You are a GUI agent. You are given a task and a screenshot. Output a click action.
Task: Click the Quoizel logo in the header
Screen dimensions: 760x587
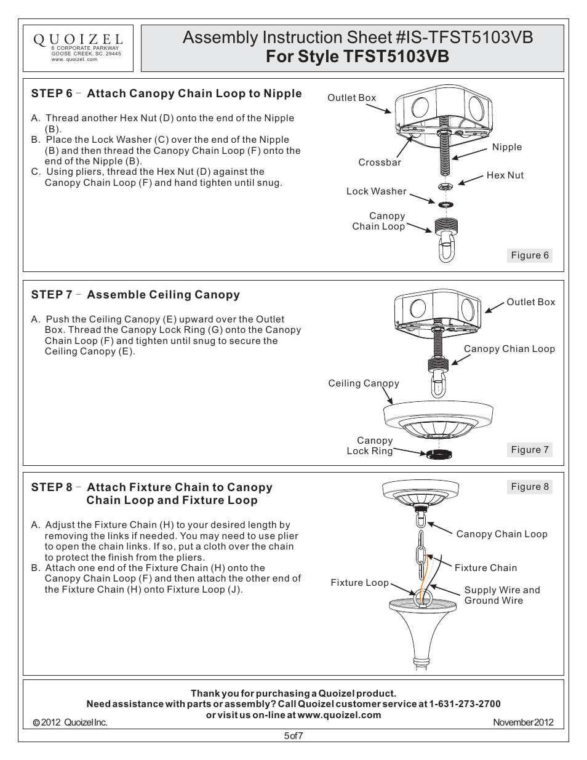[x=78, y=41]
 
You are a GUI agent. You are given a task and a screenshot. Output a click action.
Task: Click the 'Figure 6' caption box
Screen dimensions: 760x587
[x=530, y=255]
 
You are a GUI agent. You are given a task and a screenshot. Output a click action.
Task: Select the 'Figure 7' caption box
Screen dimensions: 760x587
[x=530, y=450]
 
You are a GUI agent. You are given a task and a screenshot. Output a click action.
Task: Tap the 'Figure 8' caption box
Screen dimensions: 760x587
[x=530, y=487]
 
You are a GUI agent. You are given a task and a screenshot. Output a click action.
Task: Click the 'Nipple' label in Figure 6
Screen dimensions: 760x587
[x=506, y=147]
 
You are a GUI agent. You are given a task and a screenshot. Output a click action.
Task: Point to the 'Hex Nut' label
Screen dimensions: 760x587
[x=505, y=175]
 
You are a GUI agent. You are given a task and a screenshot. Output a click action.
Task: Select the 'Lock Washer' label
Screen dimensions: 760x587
[x=376, y=191]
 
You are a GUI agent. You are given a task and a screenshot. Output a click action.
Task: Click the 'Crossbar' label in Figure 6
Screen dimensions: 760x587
[x=380, y=162]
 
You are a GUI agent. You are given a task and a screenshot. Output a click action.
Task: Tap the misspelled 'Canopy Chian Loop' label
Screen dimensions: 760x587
[x=509, y=349]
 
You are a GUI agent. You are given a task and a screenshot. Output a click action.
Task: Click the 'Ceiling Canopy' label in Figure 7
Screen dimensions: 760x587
[x=364, y=383]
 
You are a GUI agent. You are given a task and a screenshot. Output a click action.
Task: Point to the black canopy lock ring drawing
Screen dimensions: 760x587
[x=438, y=455]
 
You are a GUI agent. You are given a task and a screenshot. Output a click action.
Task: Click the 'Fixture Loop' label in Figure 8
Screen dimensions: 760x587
[x=359, y=583]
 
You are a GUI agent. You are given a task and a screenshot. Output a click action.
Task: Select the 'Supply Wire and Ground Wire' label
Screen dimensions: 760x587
[x=501, y=595]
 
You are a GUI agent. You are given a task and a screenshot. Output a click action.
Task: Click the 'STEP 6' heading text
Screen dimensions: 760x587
[x=52, y=94]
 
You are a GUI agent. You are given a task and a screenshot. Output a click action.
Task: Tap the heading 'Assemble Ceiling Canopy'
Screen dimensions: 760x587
[x=163, y=295]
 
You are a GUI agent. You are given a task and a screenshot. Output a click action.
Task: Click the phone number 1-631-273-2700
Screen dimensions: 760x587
[x=465, y=704]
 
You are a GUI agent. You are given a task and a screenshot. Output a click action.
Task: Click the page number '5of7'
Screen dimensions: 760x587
[x=293, y=735]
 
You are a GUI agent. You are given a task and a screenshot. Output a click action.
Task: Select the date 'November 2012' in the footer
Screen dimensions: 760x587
[x=523, y=722]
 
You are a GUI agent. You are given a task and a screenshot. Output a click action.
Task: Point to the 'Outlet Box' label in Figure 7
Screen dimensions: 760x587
[x=530, y=302]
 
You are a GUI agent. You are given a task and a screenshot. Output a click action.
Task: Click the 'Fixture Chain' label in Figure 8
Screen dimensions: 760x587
[x=485, y=568]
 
